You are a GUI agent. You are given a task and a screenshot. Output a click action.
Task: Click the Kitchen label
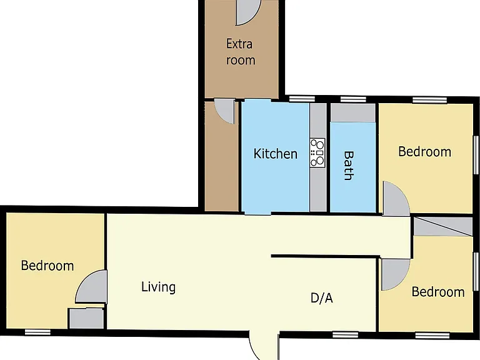click(x=275, y=153)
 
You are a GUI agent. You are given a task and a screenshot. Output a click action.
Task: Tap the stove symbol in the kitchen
click(x=317, y=152)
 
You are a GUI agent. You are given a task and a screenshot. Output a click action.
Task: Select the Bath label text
click(x=349, y=165)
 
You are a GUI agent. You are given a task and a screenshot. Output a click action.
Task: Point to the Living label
click(x=158, y=287)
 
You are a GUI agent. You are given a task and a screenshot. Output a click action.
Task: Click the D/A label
click(x=321, y=297)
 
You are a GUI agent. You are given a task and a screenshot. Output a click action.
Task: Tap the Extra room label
click(x=240, y=52)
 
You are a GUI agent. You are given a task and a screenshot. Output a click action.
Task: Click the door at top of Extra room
click(x=248, y=12)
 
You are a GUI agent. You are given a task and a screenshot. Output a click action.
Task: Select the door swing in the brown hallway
click(x=224, y=111)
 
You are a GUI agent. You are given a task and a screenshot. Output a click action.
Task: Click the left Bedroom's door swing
click(x=91, y=287)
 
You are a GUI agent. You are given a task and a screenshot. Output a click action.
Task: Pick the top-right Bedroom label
click(x=424, y=152)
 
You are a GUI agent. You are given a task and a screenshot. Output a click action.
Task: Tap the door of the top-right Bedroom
click(x=396, y=199)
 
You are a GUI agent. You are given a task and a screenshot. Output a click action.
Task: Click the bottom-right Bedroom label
click(x=438, y=292)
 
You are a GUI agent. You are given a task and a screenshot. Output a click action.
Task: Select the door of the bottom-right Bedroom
click(x=396, y=274)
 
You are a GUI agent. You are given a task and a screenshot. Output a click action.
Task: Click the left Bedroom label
click(x=47, y=266)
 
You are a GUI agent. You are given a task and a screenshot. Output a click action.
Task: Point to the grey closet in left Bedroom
click(x=87, y=318)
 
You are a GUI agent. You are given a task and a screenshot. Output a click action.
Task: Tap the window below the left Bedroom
click(x=37, y=332)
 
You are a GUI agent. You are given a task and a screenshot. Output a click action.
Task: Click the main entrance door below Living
click(x=264, y=345)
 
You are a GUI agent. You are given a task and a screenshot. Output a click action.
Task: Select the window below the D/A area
click(x=345, y=335)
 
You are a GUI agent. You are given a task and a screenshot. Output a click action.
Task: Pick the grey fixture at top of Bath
click(x=353, y=113)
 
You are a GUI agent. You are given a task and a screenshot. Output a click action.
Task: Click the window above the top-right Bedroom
click(x=429, y=100)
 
